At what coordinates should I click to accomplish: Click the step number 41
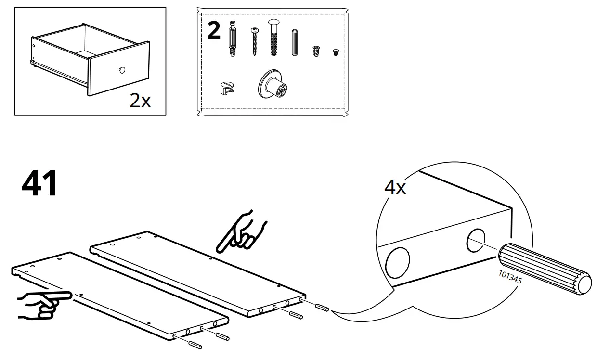click(39, 183)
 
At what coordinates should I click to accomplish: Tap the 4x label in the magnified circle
click(395, 187)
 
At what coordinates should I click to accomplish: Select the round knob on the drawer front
click(121, 71)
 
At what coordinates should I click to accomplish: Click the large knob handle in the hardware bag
click(273, 85)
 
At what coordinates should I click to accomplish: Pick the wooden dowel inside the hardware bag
click(295, 43)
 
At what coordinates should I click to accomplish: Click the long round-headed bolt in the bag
click(274, 38)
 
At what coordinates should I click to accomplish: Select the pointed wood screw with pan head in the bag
click(254, 42)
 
